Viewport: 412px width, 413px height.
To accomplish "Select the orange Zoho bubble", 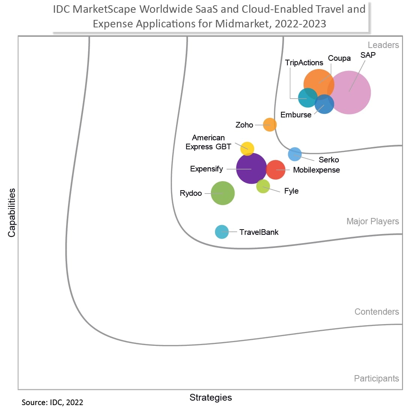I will (269, 125).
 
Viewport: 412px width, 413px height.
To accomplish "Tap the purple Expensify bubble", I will (251, 168).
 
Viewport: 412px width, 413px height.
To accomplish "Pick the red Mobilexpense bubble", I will (276, 170).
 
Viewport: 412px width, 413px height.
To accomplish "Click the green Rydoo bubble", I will (223, 193).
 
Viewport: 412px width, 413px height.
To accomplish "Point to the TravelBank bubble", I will (222, 232).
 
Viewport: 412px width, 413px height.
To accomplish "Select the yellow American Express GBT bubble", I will (247, 149).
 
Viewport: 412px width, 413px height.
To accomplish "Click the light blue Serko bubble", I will (295, 154).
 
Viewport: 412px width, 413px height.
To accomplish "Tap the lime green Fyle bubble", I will (263, 186).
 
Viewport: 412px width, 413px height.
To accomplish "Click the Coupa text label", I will (339, 58).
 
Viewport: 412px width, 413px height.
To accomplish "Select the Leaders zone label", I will (383, 45).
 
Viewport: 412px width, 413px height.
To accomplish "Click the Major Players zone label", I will (373, 221).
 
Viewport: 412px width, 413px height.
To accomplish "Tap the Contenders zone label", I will (376, 312).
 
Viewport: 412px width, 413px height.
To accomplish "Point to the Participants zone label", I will (376, 378).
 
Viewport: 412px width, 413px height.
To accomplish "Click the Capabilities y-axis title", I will (12, 213).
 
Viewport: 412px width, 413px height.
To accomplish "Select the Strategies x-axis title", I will (211, 398).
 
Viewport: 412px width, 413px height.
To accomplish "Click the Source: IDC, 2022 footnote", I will (52, 402).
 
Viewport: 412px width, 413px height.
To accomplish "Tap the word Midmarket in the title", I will (243, 24).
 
